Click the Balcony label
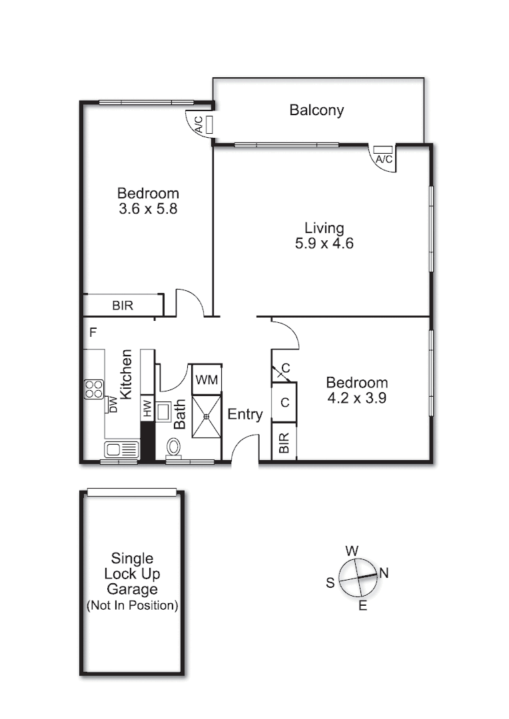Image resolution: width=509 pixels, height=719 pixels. [x=316, y=111]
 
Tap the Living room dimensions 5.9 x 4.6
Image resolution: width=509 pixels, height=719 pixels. [x=324, y=244]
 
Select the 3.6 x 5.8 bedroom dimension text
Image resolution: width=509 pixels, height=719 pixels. [x=148, y=208]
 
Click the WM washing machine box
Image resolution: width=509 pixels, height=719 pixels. [x=206, y=380]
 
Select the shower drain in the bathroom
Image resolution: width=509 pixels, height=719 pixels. [x=207, y=416]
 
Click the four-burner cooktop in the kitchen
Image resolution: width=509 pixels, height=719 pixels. [x=93, y=389]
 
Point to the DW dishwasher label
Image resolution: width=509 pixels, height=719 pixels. [x=113, y=404]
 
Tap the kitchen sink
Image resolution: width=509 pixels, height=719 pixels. [x=121, y=449]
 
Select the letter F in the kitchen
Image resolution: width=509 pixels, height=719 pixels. [x=93, y=332]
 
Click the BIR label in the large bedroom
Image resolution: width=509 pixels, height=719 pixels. [x=122, y=306]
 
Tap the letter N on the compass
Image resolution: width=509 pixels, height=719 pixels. [x=384, y=572]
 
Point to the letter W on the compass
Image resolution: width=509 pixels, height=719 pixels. [x=352, y=551]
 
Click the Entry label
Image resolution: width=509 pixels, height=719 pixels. [x=245, y=415]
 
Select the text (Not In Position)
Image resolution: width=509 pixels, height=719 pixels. [x=132, y=606]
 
